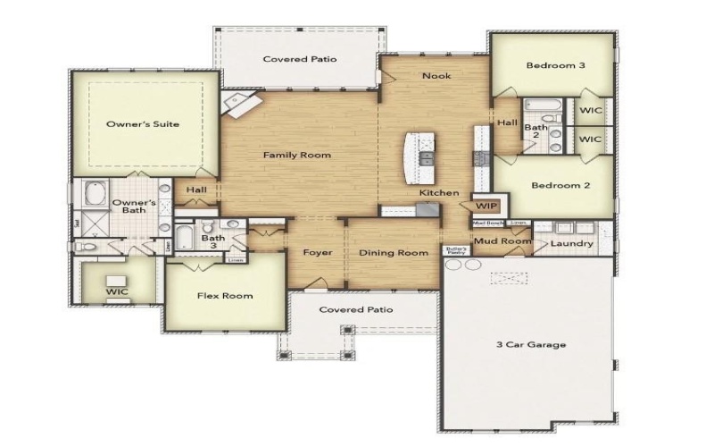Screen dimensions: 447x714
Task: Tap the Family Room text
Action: pyautogui.click(x=296, y=156)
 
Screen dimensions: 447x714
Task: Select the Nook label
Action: pyautogui.click(x=436, y=76)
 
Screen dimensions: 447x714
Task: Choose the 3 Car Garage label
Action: pyautogui.click(x=530, y=345)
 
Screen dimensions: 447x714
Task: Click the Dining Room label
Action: pyautogui.click(x=394, y=253)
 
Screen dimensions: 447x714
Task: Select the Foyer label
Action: pyautogui.click(x=317, y=253)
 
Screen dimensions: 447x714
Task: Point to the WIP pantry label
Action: pyautogui.click(x=485, y=205)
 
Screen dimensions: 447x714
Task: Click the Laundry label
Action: pyautogui.click(x=572, y=243)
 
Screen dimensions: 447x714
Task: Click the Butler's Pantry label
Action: pyautogui.click(x=455, y=251)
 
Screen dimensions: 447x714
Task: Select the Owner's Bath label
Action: pyautogui.click(x=134, y=207)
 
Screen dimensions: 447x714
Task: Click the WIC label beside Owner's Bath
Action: pyautogui.click(x=116, y=291)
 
